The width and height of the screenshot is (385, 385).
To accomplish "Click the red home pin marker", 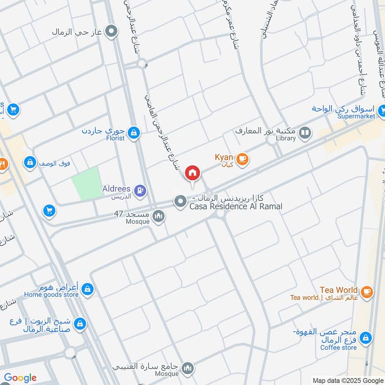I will [192, 172].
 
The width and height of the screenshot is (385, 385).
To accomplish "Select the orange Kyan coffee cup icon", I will [242, 158].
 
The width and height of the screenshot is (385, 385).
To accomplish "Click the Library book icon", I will [305, 132].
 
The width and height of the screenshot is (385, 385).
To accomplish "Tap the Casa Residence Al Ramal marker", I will [180, 202].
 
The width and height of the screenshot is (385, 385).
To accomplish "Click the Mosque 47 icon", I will [158, 218].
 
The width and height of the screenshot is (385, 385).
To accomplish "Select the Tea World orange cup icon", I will [367, 291].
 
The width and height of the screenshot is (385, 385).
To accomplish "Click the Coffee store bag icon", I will [366, 338].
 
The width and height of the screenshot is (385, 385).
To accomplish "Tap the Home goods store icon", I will [87, 289].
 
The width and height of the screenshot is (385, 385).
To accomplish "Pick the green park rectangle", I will [87, 184].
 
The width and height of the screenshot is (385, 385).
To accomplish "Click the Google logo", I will [20, 378].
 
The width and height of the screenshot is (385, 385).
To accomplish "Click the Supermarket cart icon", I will [381, 110].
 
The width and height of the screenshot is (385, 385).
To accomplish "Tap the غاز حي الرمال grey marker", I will [112, 32].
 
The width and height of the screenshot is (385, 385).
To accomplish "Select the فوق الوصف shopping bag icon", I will [30, 162].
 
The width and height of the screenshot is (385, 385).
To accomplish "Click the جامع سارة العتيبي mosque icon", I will [188, 368].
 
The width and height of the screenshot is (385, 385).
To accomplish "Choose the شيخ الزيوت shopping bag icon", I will [80, 323].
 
